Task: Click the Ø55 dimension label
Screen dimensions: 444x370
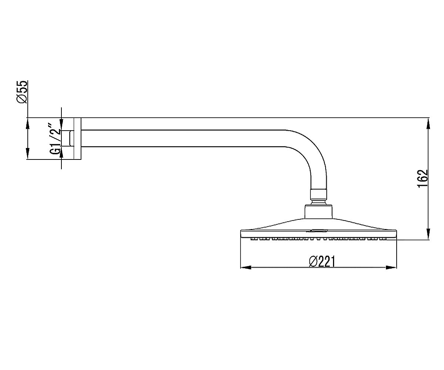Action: click(22, 92)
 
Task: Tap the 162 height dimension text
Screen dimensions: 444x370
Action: click(422, 179)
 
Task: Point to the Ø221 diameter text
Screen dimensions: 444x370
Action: click(322, 261)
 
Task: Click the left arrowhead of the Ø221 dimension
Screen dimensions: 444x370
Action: click(246, 267)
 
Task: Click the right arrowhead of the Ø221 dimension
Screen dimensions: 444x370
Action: click(391, 267)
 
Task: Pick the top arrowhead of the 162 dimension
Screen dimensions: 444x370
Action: click(428, 123)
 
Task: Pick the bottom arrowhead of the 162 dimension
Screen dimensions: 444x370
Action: click(428, 234)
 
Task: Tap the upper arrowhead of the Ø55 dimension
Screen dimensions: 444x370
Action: click(27, 123)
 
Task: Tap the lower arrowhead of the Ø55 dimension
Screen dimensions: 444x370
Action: click(27, 154)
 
